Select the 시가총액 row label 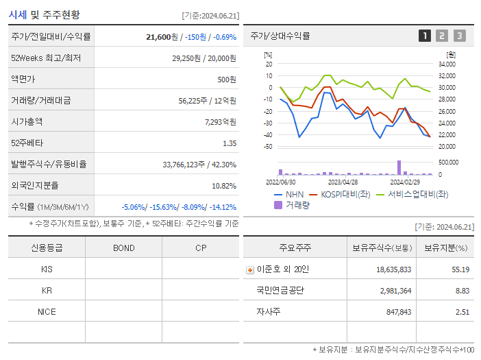click(27, 121)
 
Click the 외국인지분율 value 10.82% click(223, 185)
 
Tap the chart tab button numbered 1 click(425, 36)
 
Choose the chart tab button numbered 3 click(459, 36)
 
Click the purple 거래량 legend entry click(291, 205)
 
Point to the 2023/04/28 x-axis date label click(343, 182)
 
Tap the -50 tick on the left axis click(268, 147)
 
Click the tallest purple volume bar click(399, 167)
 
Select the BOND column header click(123, 248)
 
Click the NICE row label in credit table click(47, 311)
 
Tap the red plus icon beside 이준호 click(250, 269)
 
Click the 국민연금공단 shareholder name click(280, 291)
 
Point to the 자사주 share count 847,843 click(394, 312)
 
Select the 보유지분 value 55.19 click(460, 269)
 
